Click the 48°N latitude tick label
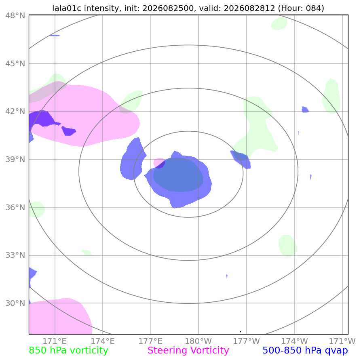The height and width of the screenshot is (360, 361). click(x=15, y=16)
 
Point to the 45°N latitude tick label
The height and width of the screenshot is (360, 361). click(x=15, y=63)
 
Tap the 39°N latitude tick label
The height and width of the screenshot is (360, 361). click(x=15, y=159)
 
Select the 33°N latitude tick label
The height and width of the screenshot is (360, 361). click(x=15, y=255)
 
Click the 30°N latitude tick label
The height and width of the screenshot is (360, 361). click(x=15, y=303)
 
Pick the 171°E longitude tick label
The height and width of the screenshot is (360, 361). click(x=55, y=341)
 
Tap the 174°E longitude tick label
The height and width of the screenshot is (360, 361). click(x=103, y=341)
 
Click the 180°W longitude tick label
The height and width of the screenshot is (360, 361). click(x=198, y=341)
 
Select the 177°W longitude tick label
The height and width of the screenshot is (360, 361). click(x=247, y=341)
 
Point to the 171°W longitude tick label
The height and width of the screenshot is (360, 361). click(x=342, y=341)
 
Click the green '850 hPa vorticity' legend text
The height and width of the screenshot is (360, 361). click(x=68, y=351)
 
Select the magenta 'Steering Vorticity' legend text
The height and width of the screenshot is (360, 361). click(x=188, y=351)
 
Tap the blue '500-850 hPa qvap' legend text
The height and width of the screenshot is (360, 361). click(x=305, y=351)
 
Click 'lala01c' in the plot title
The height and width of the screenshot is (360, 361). click(x=67, y=8)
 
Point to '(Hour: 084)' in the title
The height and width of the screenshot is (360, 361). click(x=301, y=8)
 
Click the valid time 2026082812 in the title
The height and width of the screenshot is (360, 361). click(x=249, y=8)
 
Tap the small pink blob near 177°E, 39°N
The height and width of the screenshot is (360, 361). click(x=158, y=162)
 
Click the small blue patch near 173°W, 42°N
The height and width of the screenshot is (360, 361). click(x=305, y=109)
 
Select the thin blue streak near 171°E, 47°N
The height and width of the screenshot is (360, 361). click(x=55, y=36)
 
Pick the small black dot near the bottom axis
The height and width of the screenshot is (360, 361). click(x=241, y=332)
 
